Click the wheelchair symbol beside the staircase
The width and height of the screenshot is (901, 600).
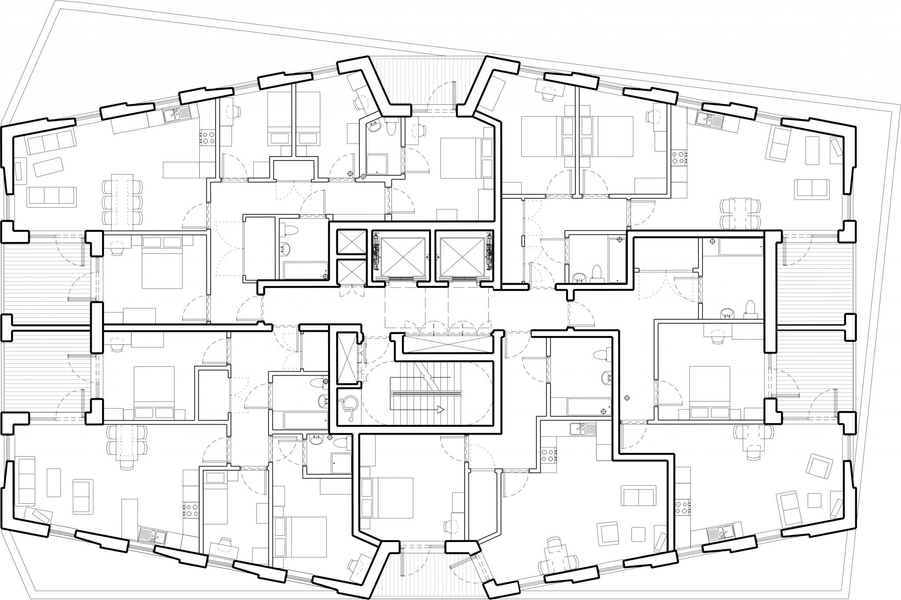(x=348, y=403)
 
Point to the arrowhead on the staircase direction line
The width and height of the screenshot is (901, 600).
(x=440, y=410)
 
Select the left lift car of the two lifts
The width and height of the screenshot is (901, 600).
(x=404, y=256)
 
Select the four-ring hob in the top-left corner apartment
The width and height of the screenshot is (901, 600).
(x=206, y=138)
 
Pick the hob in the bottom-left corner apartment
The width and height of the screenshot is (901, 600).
(x=192, y=510)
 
